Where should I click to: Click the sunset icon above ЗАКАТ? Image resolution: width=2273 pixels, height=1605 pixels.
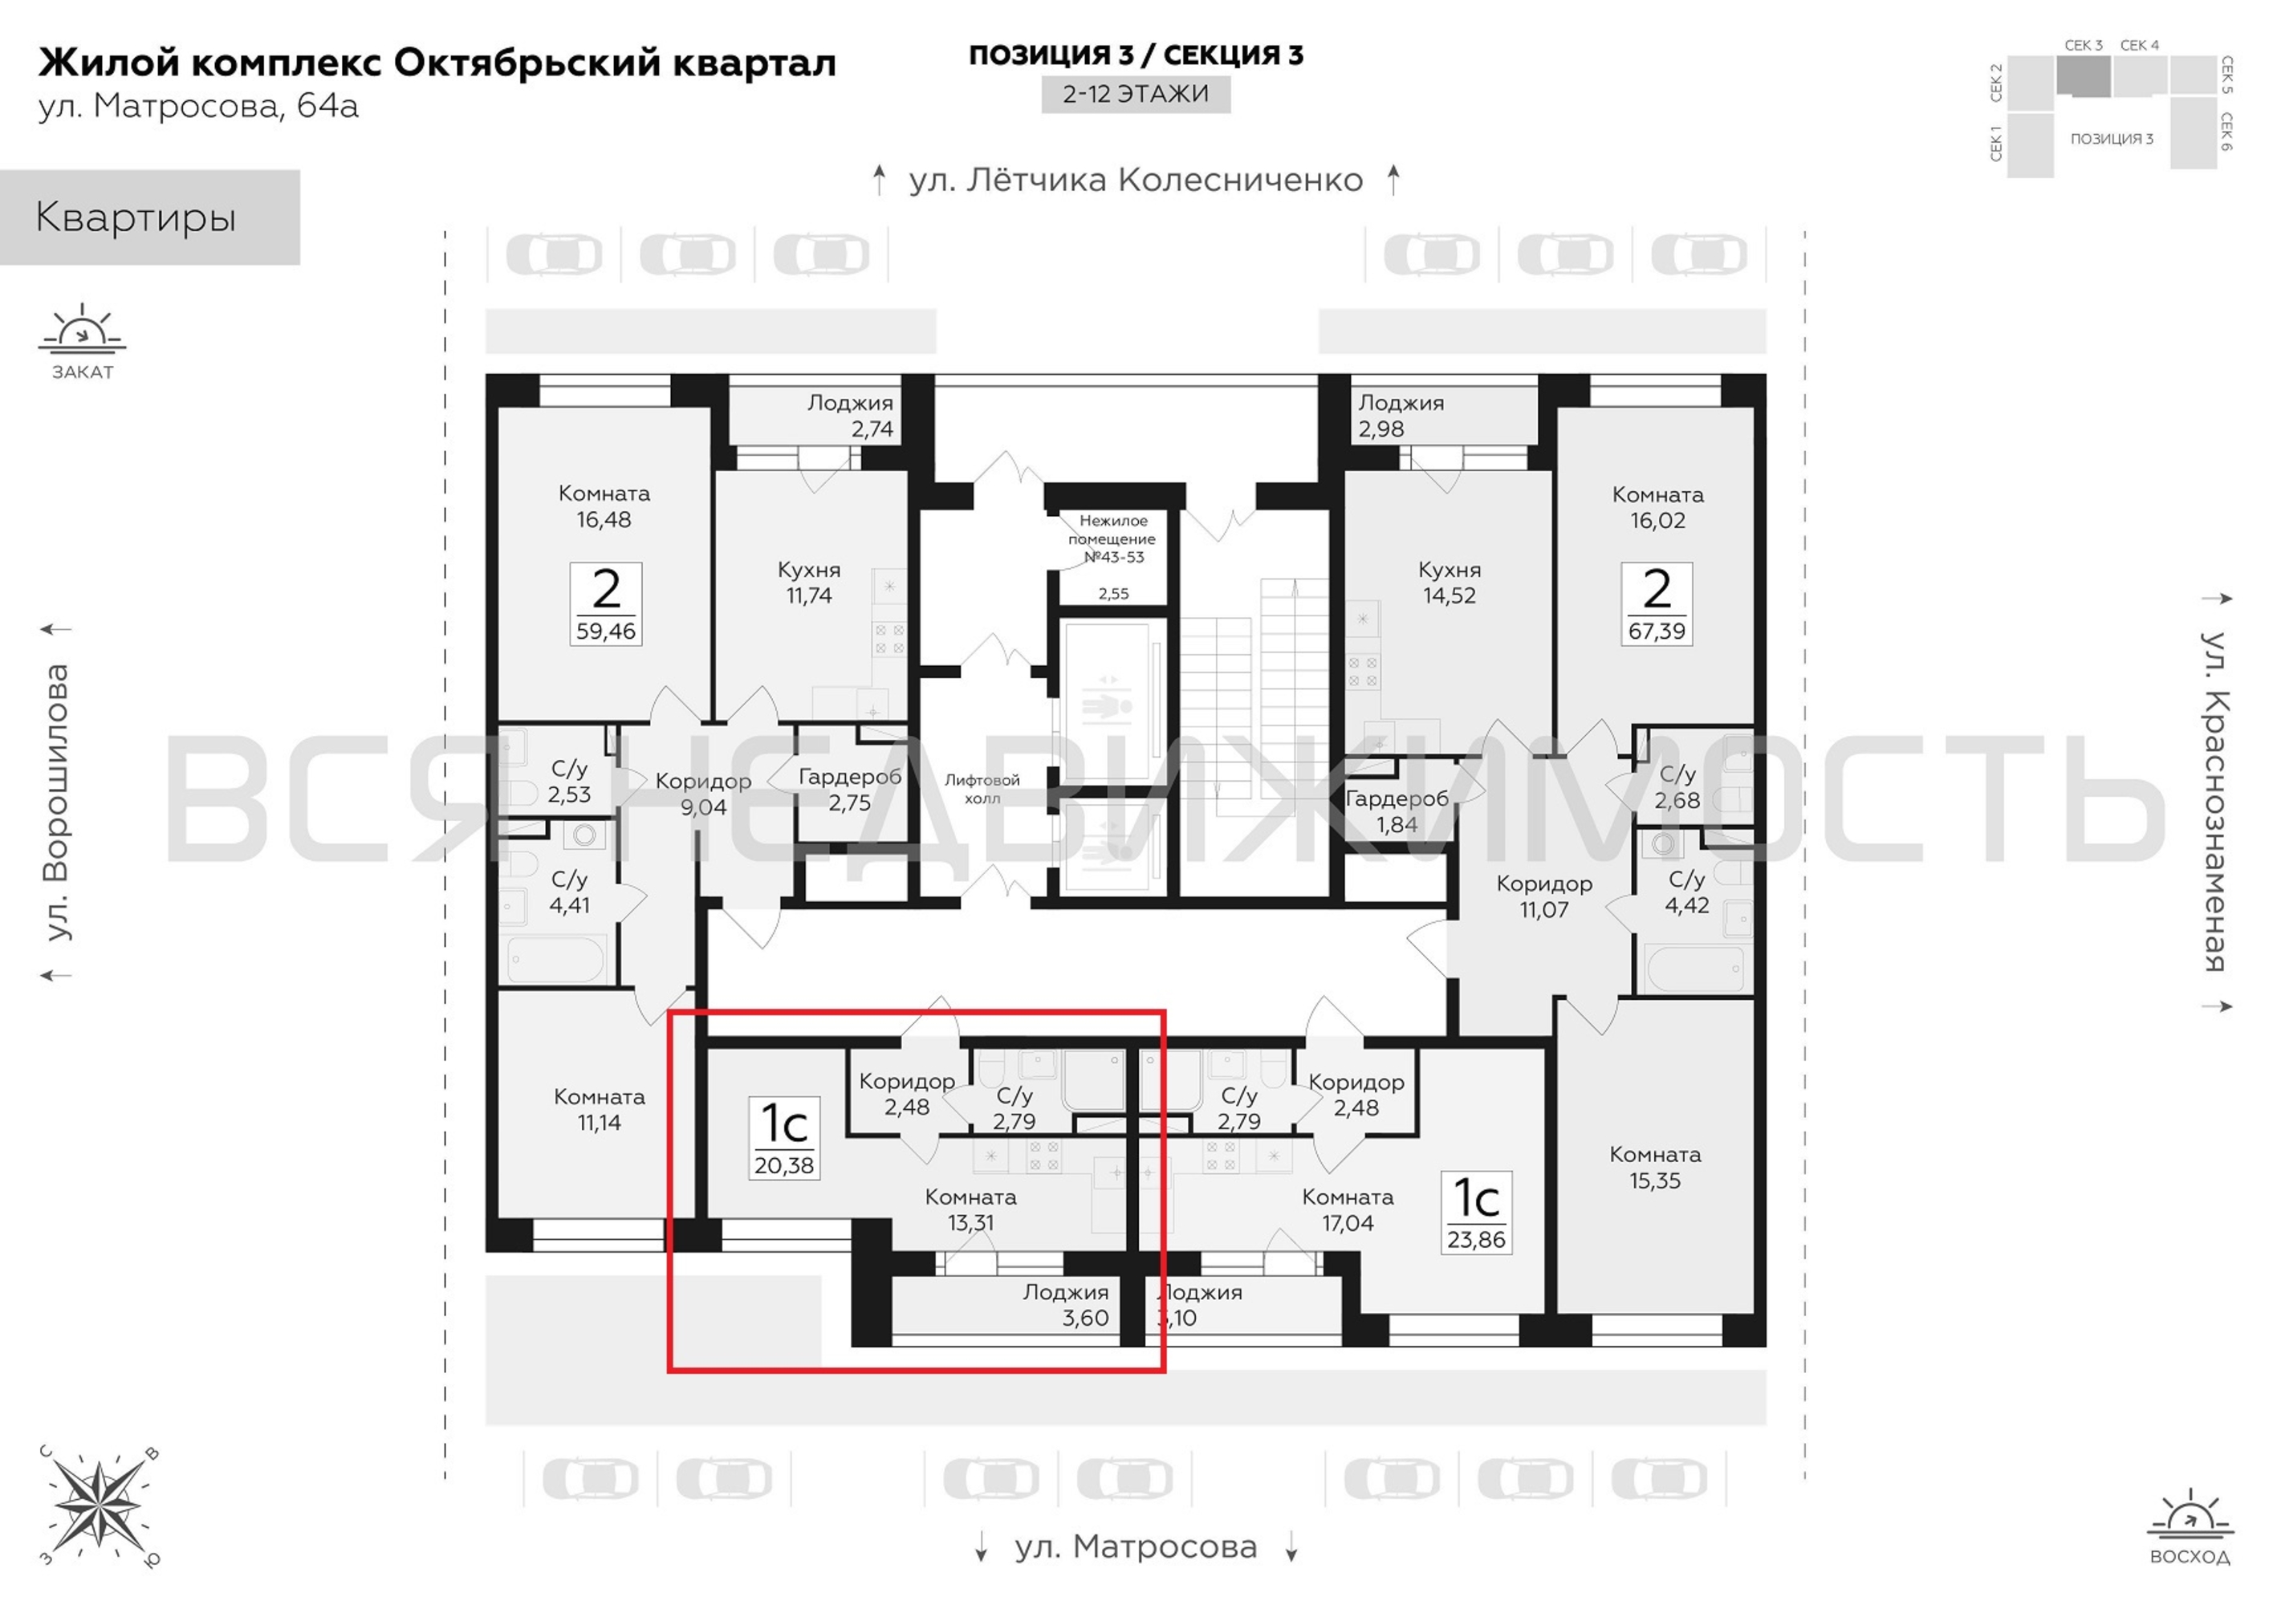click(x=82, y=330)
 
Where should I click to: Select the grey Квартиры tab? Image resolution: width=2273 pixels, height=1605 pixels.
click(x=149, y=217)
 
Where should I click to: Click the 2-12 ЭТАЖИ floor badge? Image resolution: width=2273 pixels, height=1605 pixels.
click(x=1136, y=94)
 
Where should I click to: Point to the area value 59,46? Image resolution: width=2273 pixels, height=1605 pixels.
click(x=606, y=631)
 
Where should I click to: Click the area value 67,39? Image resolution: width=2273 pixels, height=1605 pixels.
click(x=1657, y=631)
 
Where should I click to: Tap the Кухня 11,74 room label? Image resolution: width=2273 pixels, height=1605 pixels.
click(x=809, y=582)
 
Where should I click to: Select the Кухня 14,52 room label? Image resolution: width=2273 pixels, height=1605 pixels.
click(x=1450, y=582)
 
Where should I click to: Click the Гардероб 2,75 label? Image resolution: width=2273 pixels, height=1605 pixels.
click(x=849, y=789)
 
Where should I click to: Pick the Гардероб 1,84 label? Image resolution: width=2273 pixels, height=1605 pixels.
click(x=1397, y=811)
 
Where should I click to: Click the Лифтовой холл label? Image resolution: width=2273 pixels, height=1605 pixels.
click(x=982, y=789)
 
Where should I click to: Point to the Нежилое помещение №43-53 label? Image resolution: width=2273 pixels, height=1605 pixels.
click(x=1112, y=538)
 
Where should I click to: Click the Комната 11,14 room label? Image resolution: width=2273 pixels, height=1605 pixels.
click(x=599, y=1109)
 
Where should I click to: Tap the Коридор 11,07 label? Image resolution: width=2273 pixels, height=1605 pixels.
click(x=1544, y=896)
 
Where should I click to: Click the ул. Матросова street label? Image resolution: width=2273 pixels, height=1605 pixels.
click(x=1136, y=1546)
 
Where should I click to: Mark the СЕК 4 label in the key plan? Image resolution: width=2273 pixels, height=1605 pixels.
click(x=2139, y=46)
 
